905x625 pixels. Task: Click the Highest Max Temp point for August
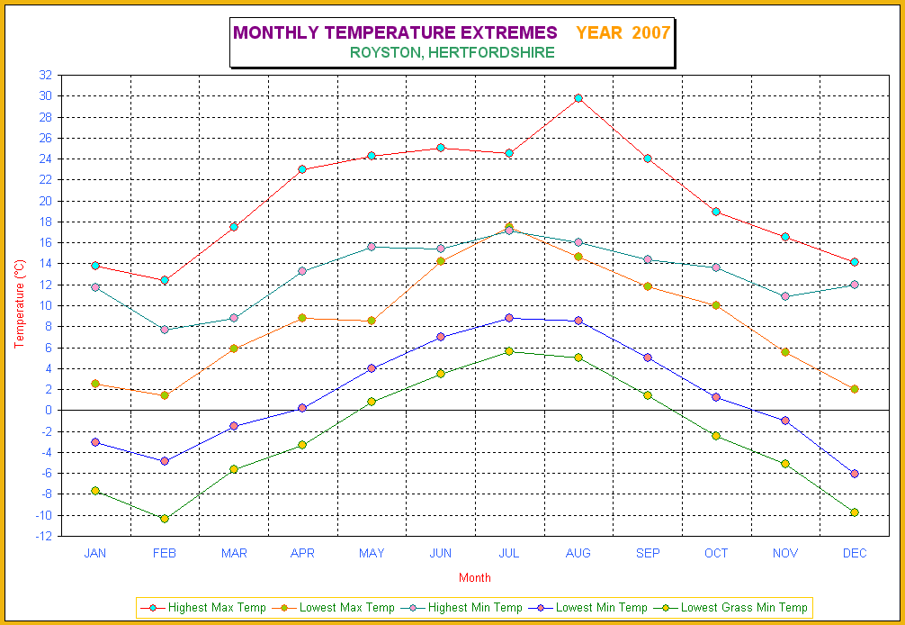click(x=578, y=98)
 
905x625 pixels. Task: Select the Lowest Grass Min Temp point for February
click(x=165, y=519)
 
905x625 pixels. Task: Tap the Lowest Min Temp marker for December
click(x=855, y=474)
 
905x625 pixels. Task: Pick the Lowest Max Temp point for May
click(x=372, y=321)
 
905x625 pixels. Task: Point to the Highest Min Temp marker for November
click(x=785, y=296)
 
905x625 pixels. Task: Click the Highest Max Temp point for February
click(x=165, y=280)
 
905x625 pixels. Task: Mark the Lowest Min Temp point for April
click(x=302, y=408)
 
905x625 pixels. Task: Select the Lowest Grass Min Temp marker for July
click(x=509, y=351)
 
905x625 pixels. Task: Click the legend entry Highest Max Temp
click(x=203, y=608)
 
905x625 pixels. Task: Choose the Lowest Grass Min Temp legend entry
click(x=736, y=608)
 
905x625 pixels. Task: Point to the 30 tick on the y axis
click(x=46, y=95)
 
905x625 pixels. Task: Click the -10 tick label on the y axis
click(x=43, y=515)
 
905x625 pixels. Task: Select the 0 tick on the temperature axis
click(x=49, y=411)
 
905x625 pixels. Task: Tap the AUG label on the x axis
click(x=578, y=553)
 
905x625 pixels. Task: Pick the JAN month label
click(x=95, y=553)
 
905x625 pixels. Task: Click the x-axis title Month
click(x=474, y=577)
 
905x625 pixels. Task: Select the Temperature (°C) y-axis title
click(x=20, y=303)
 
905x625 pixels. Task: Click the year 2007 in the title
click(x=651, y=33)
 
